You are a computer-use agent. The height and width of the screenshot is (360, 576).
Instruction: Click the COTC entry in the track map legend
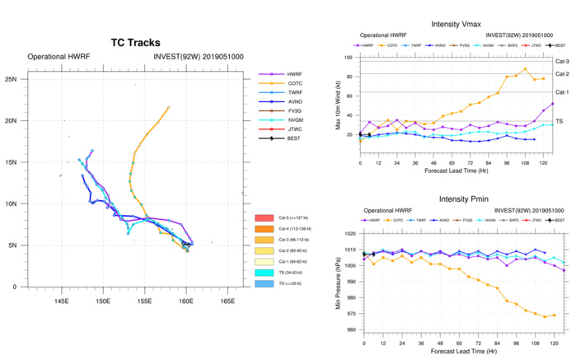coord(291,84)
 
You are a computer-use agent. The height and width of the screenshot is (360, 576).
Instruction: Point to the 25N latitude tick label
coord(12,79)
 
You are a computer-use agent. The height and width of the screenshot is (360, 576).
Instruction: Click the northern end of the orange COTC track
coord(169,106)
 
